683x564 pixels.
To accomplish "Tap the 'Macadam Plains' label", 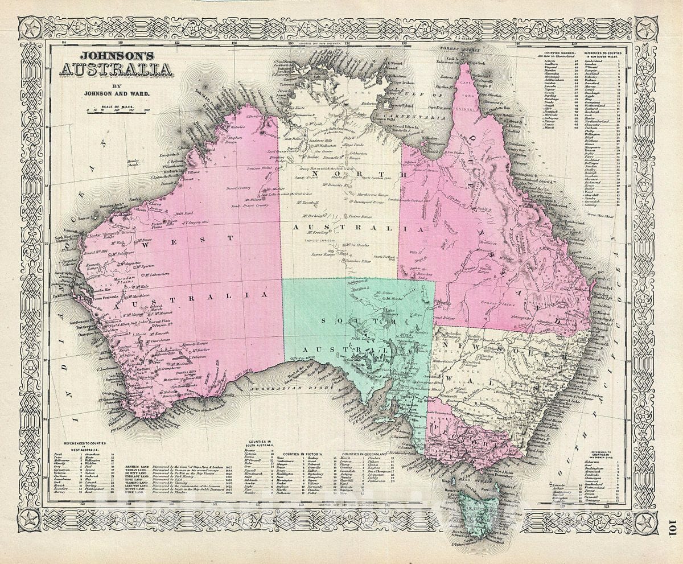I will pyautogui.click(x=124, y=279).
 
